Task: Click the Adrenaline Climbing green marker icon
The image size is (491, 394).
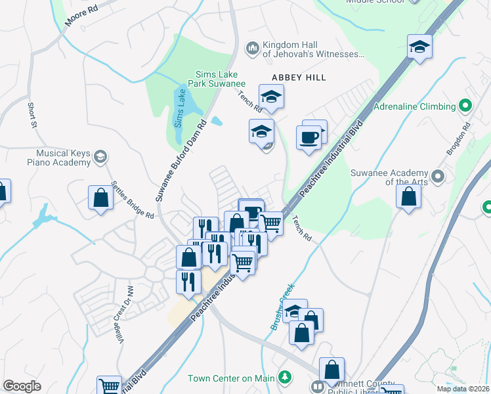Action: coord(465,105)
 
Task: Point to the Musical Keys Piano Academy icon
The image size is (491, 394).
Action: coord(100,156)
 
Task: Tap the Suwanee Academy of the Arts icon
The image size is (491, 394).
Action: coord(439,176)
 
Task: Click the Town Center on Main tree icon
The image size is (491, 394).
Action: coord(284,378)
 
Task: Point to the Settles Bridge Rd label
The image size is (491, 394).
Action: coord(133,200)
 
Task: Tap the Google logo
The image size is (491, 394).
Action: coord(22,386)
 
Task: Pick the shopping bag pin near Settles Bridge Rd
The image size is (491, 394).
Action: coord(100,198)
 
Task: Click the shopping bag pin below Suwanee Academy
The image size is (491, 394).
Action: coord(408,196)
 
